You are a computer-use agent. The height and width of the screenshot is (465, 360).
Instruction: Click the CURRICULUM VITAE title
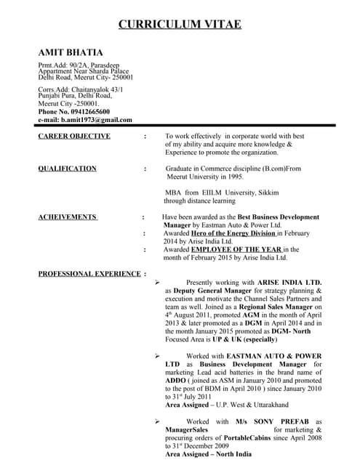point(180,25)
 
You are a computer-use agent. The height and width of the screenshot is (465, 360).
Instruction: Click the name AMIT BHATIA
point(70,52)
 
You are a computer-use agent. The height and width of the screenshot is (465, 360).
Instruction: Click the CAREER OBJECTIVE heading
point(74,136)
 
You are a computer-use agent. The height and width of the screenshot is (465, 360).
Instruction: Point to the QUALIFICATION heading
point(67,169)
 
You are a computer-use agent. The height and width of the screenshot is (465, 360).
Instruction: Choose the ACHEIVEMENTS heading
point(67,217)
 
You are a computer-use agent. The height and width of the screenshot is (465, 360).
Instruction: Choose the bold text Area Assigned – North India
point(209,454)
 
